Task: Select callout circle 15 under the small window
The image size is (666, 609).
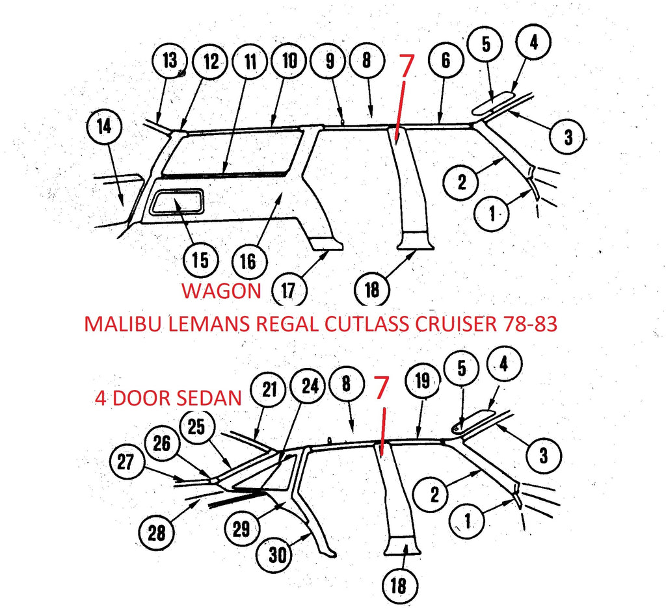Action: [x=200, y=259]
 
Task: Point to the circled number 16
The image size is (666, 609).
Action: [x=248, y=262]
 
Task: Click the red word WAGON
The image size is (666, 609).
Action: [x=221, y=291]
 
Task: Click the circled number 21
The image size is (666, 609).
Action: [x=270, y=391]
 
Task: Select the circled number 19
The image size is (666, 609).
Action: [x=422, y=382]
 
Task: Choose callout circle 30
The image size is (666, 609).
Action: [x=280, y=554]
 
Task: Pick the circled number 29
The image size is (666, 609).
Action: [x=241, y=528]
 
